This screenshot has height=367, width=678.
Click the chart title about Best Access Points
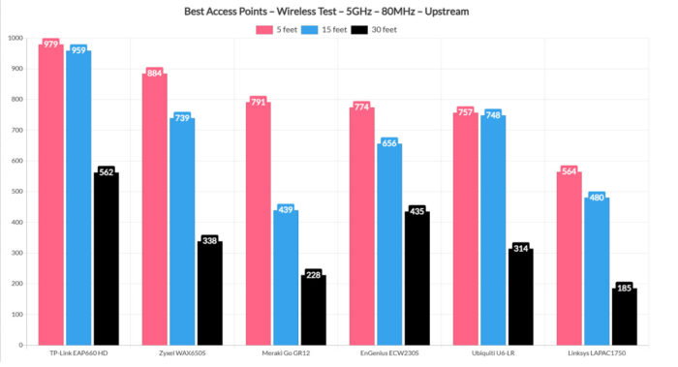[338, 11]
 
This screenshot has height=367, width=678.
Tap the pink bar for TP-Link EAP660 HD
[50, 194]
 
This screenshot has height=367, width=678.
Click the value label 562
[107, 172]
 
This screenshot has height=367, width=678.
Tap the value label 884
[155, 74]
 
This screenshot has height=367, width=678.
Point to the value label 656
[389, 143]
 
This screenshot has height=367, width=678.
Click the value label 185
[623, 289]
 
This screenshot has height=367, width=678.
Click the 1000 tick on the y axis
[15, 39]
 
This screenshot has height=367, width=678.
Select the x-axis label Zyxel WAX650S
[182, 353]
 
